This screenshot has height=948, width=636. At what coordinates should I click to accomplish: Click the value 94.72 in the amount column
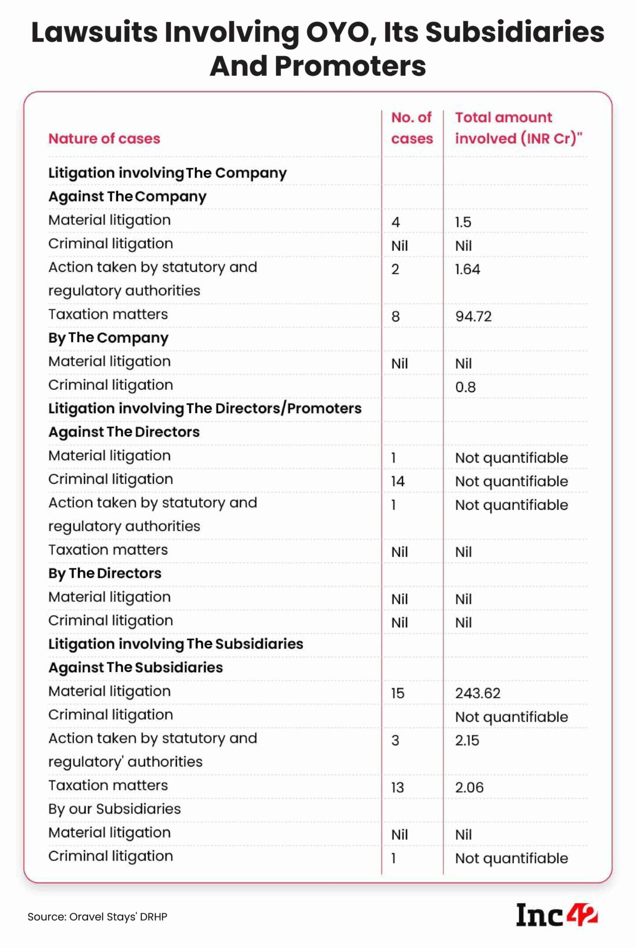click(473, 317)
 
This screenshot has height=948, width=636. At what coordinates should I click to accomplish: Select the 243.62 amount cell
click(478, 693)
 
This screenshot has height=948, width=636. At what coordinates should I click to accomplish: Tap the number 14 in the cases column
click(398, 481)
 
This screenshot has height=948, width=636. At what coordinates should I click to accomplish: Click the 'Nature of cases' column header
click(104, 138)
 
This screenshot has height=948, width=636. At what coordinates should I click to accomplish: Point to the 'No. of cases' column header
click(412, 128)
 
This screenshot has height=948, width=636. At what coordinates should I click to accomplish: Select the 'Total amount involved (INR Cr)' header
click(518, 128)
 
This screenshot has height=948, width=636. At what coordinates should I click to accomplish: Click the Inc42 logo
click(556, 915)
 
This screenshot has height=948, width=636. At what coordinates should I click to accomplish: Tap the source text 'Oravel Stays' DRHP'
click(97, 917)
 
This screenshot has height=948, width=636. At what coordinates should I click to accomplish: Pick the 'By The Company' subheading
click(108, 338)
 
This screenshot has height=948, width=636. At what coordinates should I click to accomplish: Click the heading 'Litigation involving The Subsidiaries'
click(176, 644)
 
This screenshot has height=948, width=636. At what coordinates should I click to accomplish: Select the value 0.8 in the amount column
click(465, 387)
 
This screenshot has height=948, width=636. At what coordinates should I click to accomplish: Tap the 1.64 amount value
click(468, 269)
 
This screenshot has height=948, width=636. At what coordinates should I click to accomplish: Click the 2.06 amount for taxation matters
click(469, 787)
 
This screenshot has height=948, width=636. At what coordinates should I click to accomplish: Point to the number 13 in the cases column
click(397, 787)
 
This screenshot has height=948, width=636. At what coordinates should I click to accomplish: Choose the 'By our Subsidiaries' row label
click(114, 809)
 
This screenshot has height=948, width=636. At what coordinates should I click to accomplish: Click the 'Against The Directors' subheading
click(124, 432)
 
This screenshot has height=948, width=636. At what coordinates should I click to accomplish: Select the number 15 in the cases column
click(398, 693)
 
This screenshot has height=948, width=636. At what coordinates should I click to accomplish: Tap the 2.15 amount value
click(467, 740)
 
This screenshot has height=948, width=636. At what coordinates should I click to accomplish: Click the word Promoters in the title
click(350, 66)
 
